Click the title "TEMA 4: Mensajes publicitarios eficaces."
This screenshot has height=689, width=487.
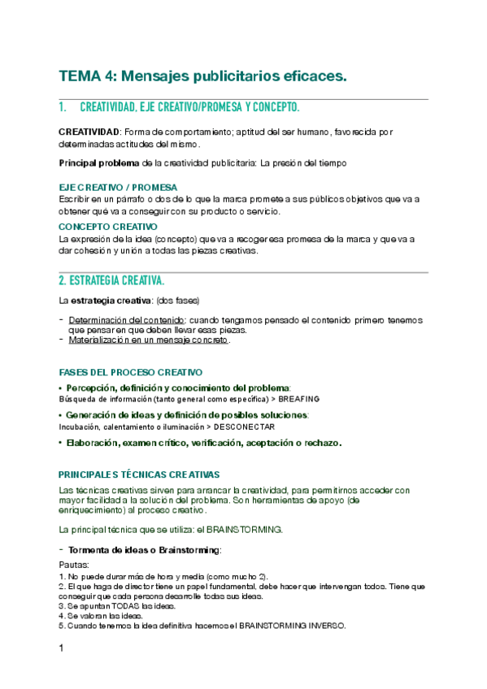(x=202, y=76)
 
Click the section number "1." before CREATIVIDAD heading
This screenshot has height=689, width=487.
(x=63, y=108)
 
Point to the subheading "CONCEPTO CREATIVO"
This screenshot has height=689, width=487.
(x=108, y=227)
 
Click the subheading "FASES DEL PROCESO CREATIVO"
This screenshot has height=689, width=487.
(x=131, y=372)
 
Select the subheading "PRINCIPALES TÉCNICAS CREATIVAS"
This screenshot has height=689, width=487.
(x=139, y=474)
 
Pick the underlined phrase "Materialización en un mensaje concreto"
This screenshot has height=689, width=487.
(x=149, y=340)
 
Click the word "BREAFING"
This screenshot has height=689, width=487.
(x=298, y=399)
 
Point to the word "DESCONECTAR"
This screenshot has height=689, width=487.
(x=245, y=427)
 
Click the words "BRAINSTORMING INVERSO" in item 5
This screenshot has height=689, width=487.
(x=293, y=626)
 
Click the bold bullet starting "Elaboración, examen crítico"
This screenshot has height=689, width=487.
(x=203, y=443)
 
